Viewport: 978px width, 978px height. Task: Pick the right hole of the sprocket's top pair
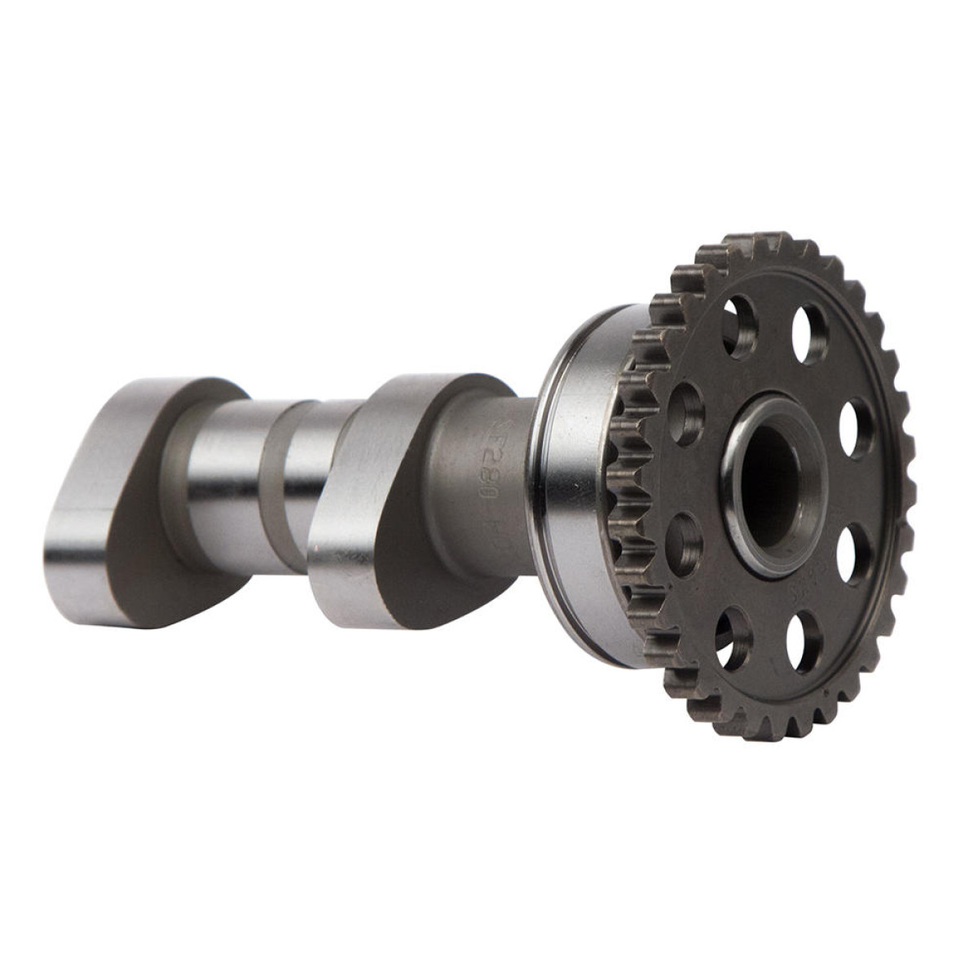pyautogui.click(x=812, y=332)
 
